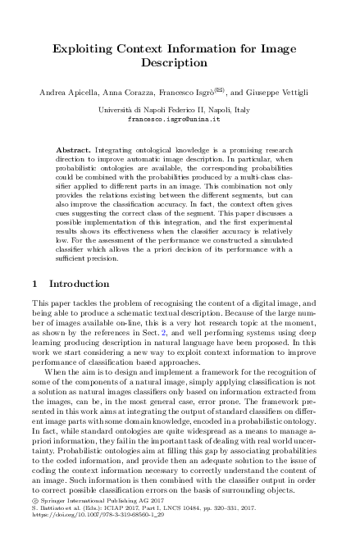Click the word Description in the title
tap(180, 61)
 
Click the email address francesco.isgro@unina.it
tap(180, 118)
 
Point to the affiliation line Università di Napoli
tap(180, 108)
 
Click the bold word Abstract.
tap(74, 152)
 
